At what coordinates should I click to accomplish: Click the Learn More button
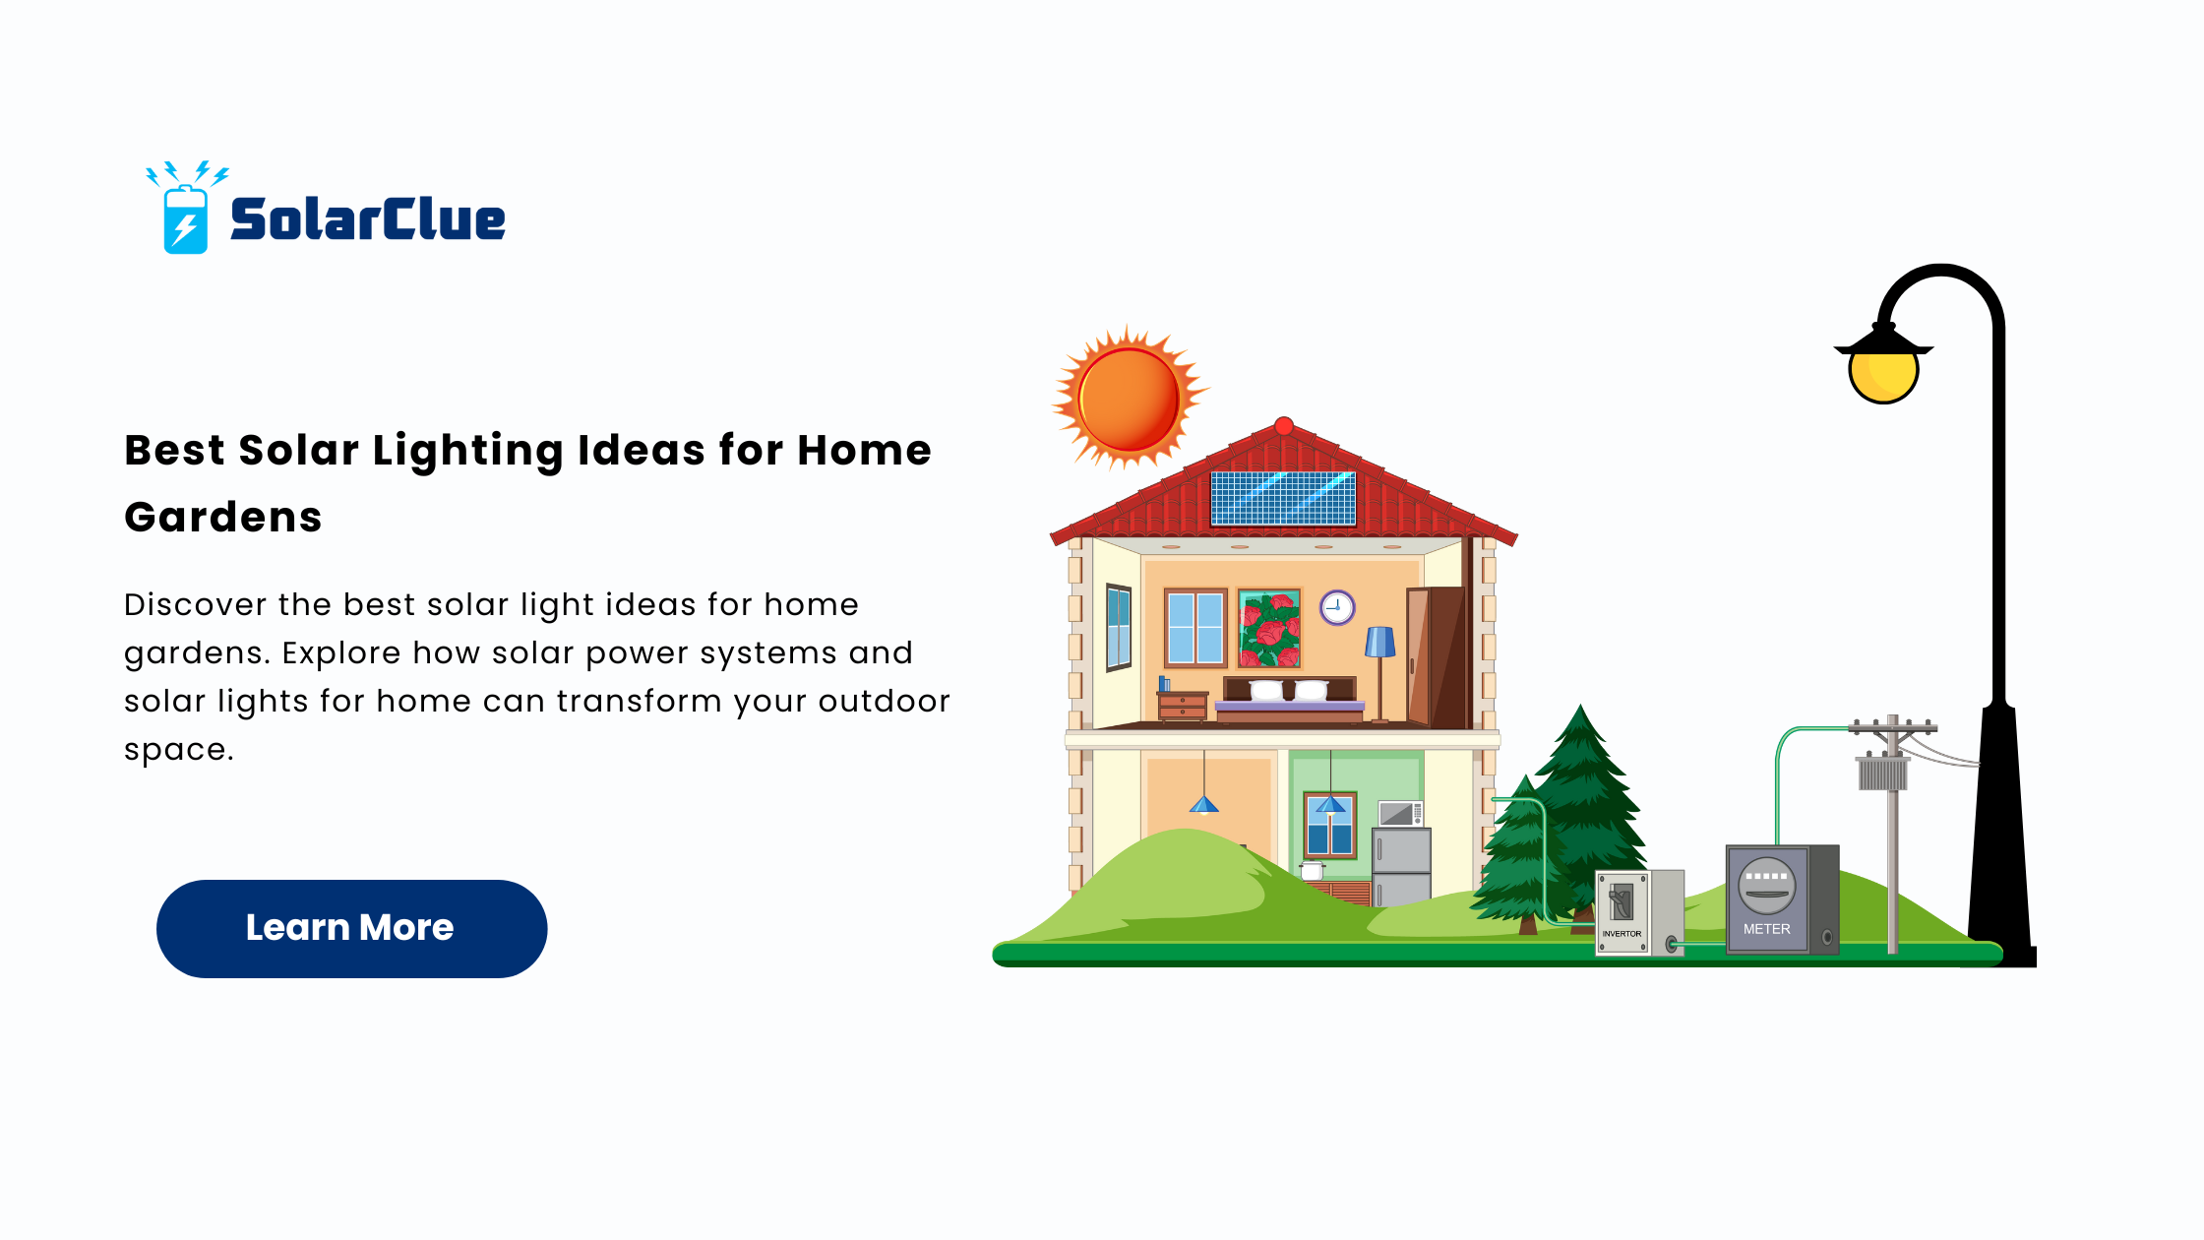click(351, 928)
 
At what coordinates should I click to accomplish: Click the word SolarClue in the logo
click(367, 218)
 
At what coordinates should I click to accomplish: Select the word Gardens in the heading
click(223, 518)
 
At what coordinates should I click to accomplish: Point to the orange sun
click(1130, 399)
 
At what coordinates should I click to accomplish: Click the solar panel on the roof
click(1283, 498)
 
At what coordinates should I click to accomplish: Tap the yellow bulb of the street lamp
click(1883, 375)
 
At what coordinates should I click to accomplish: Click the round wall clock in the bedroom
click(1337, 607)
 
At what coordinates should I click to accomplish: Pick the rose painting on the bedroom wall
click(1269, 629)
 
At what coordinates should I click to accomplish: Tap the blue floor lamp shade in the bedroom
click(1379, 642)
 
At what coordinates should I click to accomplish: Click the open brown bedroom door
click(1437, 656)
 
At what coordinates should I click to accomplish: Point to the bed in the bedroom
click(1290, 700)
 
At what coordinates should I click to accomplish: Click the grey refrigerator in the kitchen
click(1401, 866)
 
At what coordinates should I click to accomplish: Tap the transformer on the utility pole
click(1882, 773)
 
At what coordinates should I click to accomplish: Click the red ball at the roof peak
click(1284, 426)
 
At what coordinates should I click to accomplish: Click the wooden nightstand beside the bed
click(1183, 706)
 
